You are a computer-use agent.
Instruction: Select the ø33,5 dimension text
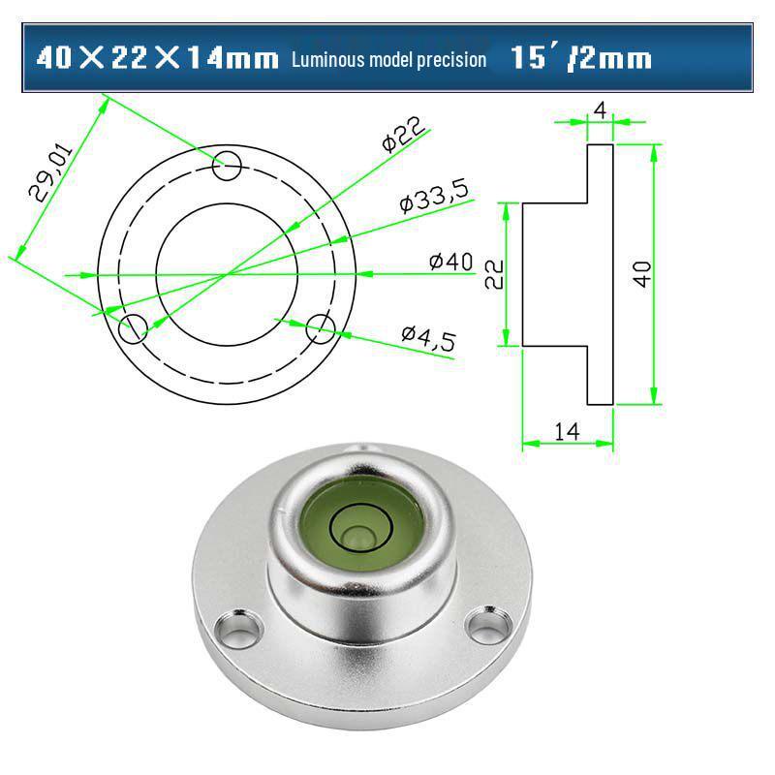434,197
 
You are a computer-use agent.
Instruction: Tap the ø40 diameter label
449,261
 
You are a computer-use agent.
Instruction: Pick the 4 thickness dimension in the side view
600,109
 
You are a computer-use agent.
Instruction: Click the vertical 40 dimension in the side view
642,273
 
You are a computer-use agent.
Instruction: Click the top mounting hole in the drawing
227,166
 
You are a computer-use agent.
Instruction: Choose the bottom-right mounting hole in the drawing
321,329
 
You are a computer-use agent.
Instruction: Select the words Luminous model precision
388,60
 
